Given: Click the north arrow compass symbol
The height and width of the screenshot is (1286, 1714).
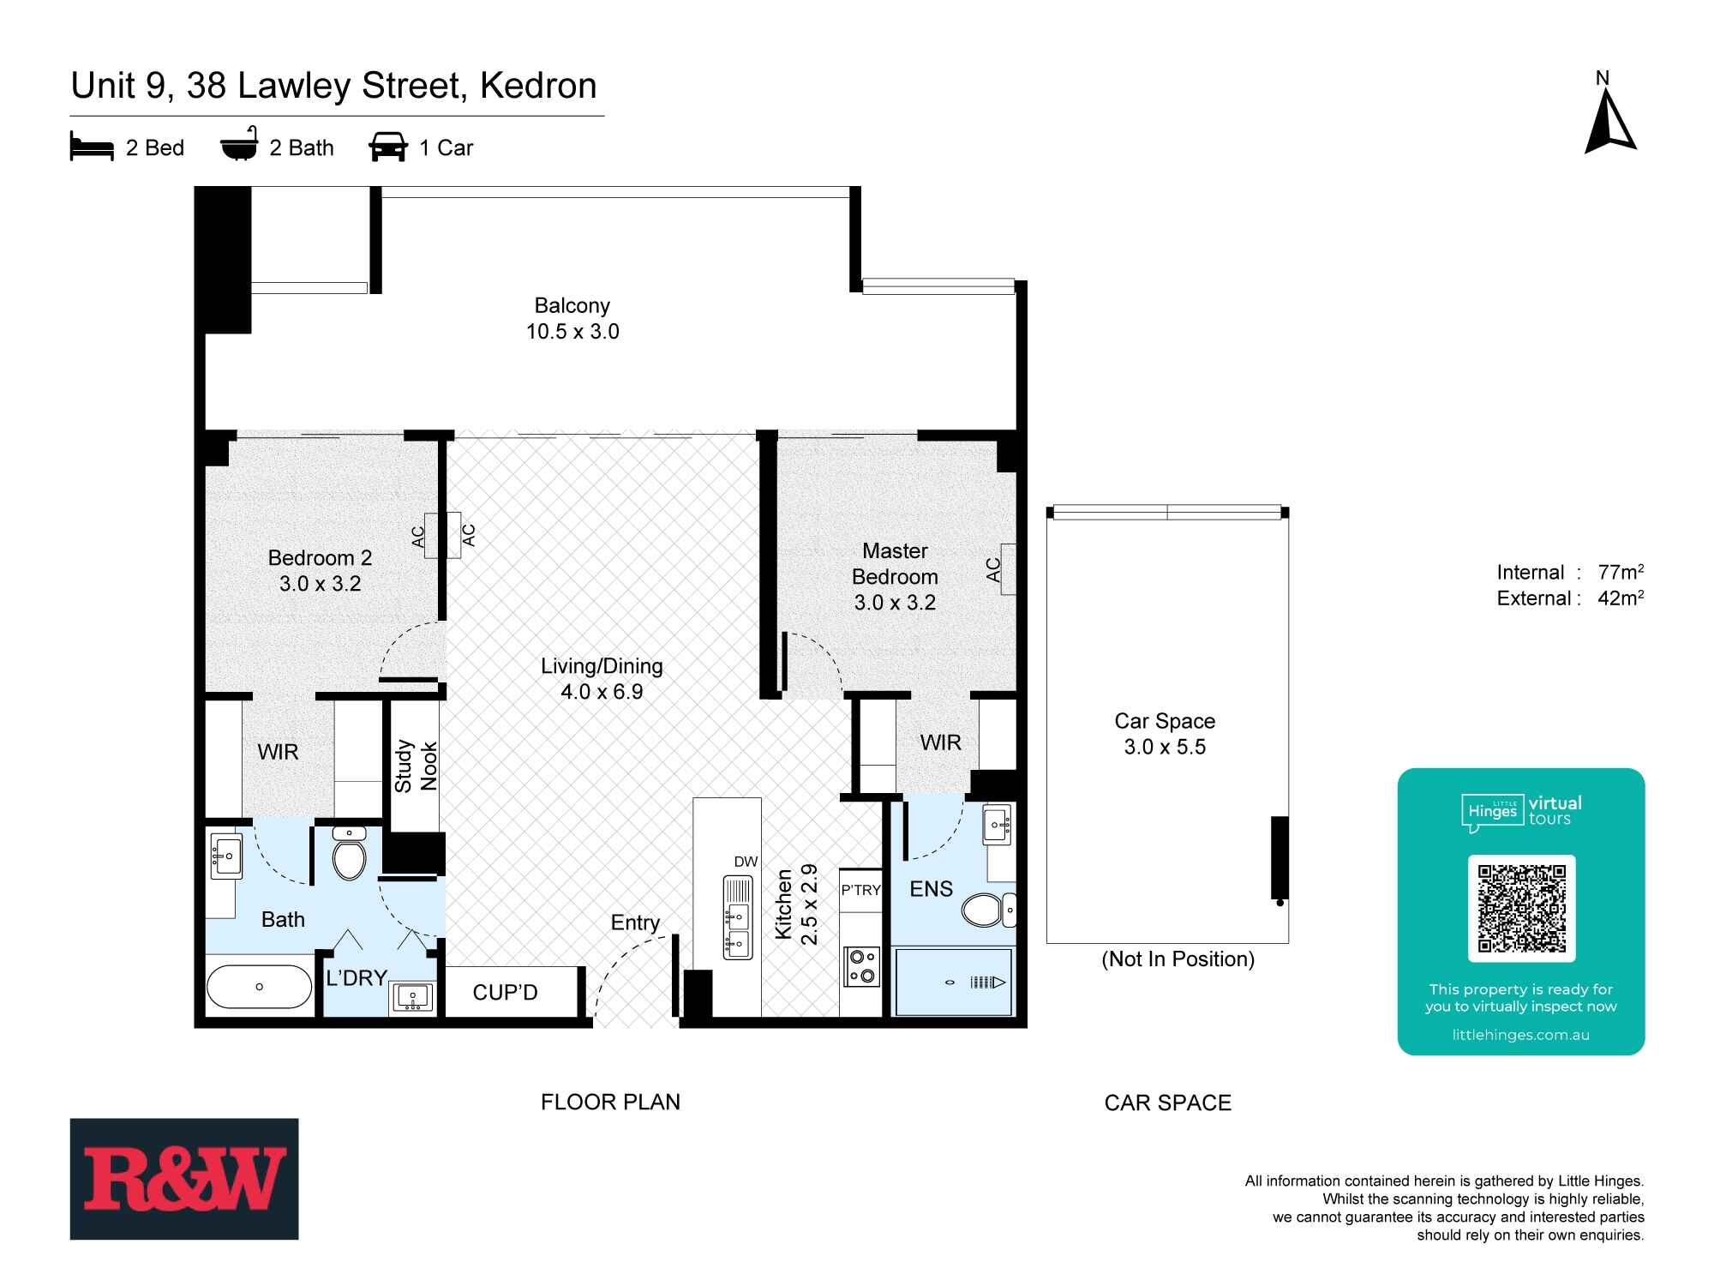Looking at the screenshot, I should click(x=1609, y=125).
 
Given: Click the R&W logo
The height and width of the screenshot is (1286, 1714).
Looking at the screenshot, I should click(x=184, y=1179).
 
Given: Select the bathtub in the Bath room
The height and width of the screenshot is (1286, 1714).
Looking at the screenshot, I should click(x=260, y=987).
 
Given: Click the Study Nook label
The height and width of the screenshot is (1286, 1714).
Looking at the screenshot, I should click(x=416, y=766).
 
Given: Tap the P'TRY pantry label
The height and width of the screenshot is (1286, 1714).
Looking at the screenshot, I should click(x=860, y=890).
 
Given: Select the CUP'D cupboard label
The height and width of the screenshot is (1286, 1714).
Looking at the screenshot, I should click(x=505, y=993).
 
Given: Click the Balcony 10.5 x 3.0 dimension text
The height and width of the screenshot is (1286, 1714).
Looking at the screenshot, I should click(x=572, y=332).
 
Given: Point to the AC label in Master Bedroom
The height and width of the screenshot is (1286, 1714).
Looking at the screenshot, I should click(x=993, y=569).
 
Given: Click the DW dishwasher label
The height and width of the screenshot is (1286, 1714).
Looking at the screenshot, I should click(x=746, y=862).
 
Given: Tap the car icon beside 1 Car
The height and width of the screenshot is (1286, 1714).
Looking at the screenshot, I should click(x=388, y=147).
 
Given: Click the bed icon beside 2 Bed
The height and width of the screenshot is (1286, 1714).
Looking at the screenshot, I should click(x=92, y=147).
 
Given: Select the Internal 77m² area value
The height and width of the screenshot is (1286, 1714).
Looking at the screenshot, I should click(x=1620, y=573).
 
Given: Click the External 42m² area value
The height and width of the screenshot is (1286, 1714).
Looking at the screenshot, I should click(x=1620, y=598).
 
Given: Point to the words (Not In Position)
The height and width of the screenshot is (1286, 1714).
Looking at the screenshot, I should click(x=1178, y=959).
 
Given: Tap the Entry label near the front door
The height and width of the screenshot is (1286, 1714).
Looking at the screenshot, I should click(x=635, y=922).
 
